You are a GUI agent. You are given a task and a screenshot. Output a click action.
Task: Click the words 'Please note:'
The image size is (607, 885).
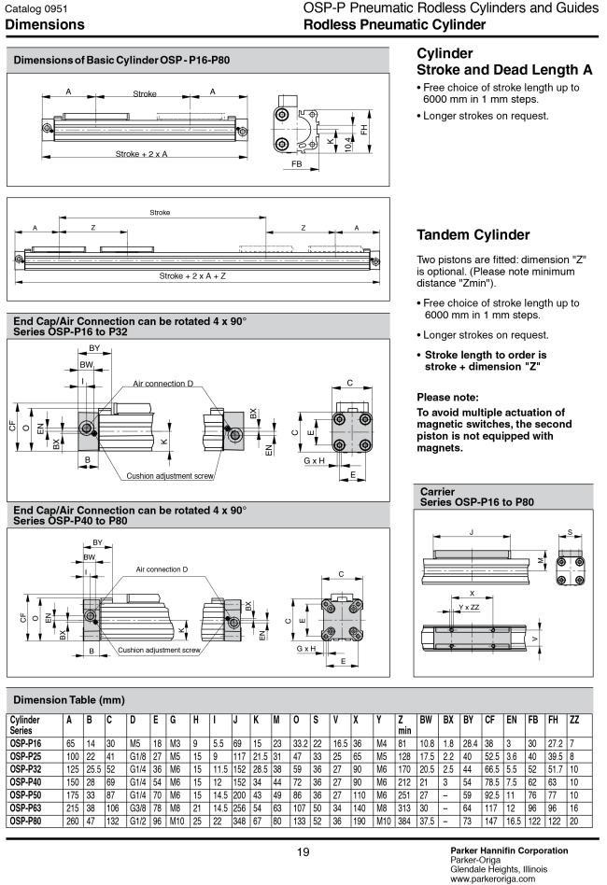click(447, 396)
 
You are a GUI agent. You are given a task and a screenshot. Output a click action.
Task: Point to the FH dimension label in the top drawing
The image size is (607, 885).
click(364, 128)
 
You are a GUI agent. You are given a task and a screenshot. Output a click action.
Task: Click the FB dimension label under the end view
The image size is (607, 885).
click(297, 163)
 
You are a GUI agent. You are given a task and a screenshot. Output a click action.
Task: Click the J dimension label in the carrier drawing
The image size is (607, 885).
click(472, 533)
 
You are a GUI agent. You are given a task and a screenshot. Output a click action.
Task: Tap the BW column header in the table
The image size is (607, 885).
click(426, 720)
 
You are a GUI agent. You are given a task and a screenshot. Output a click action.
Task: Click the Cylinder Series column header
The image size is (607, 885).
click(25, 724)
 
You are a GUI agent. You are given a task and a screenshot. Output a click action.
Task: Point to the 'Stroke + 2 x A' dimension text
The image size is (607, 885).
click(148, 153)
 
